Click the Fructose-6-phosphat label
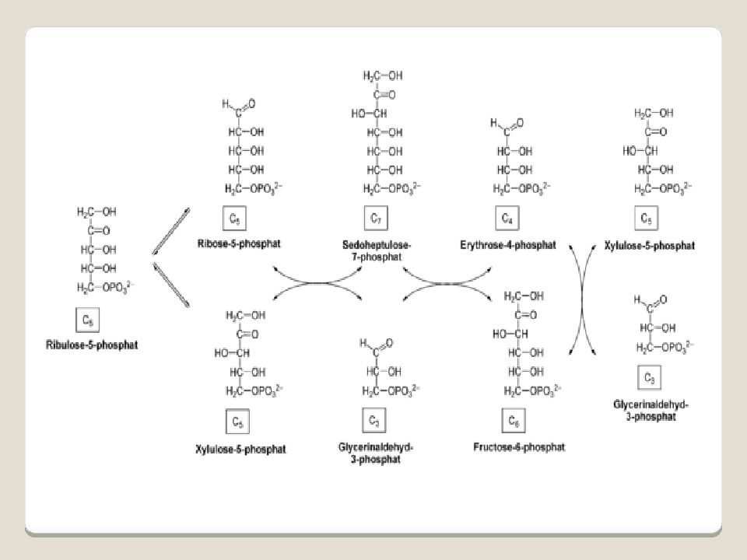coord(518,447)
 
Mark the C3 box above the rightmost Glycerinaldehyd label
coord(650,379)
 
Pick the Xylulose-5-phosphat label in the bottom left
coord(240,449)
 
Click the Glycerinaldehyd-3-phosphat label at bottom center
coord(376,453)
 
